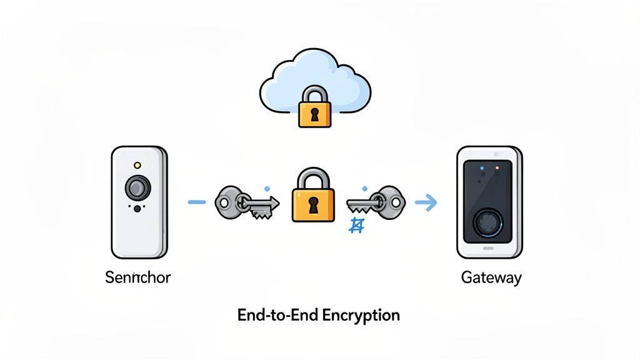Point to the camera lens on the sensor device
coord(137,187)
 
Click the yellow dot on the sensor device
coord(137,165)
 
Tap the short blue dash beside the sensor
coord(197,202)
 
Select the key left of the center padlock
coord(246,202)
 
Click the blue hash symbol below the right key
coord(356,226)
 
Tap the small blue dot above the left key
coord(267,187)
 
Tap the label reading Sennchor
coord(137,277)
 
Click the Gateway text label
coord(491,277)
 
